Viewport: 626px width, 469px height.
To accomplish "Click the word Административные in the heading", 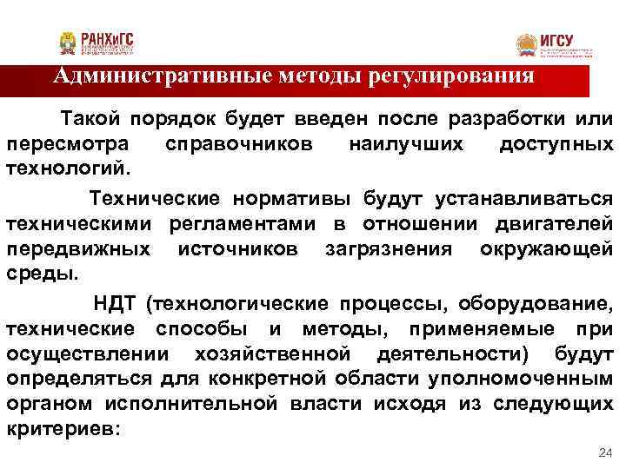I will [149, 76].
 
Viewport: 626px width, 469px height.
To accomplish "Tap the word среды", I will [41, 272].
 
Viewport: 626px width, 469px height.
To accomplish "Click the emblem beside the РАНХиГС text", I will [68, 42].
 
